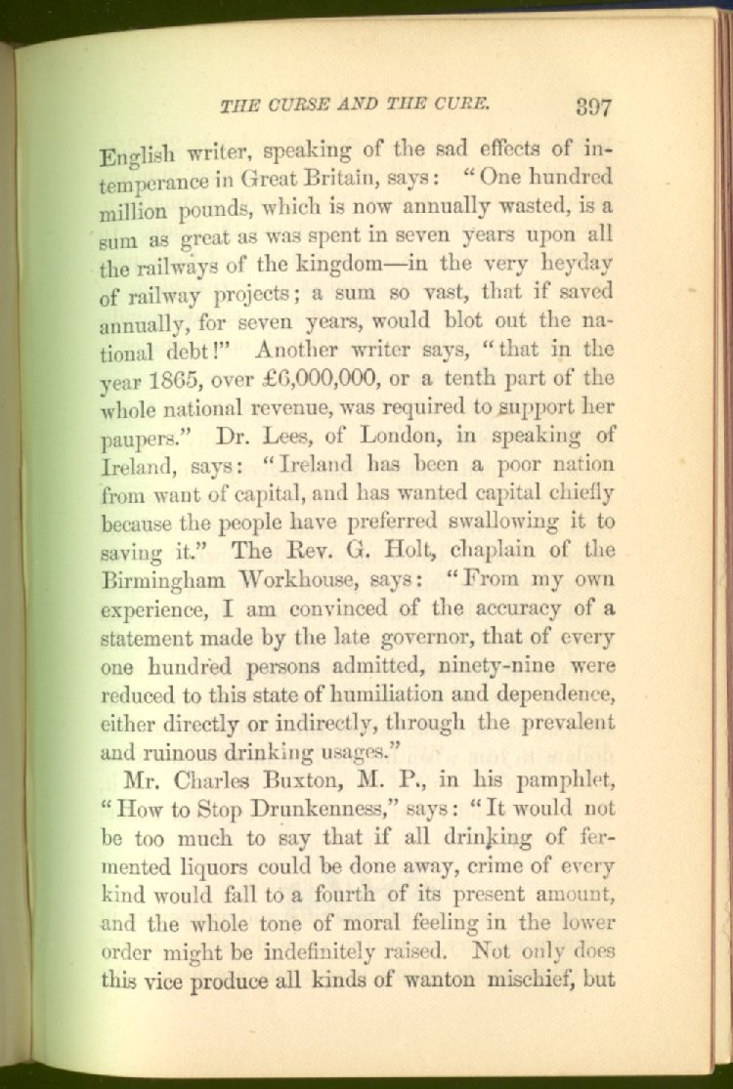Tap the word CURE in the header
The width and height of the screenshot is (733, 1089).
pyautogui.click(x=458, y=102)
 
